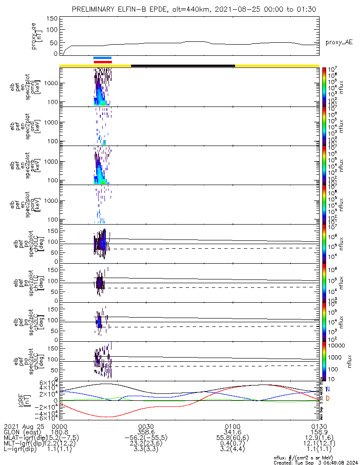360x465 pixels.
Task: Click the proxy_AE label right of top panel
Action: tap(339, 42)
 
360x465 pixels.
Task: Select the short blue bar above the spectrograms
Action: tap(102, 58)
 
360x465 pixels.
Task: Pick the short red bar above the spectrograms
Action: tap(103, 62)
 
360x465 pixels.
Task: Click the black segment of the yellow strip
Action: tap(183, 66)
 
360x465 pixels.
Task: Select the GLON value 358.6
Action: tap(146, 432)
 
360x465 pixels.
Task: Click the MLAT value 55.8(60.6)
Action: tap(232, 438)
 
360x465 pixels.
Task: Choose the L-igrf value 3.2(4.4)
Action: tap(232, 451)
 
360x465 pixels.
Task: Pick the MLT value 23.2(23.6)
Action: tap(146, 445)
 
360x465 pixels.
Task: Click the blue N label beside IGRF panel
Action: tap(328, 389)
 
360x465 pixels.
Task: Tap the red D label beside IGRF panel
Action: tap(328, 399)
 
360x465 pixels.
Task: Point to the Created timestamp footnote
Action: tap(314, 463)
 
